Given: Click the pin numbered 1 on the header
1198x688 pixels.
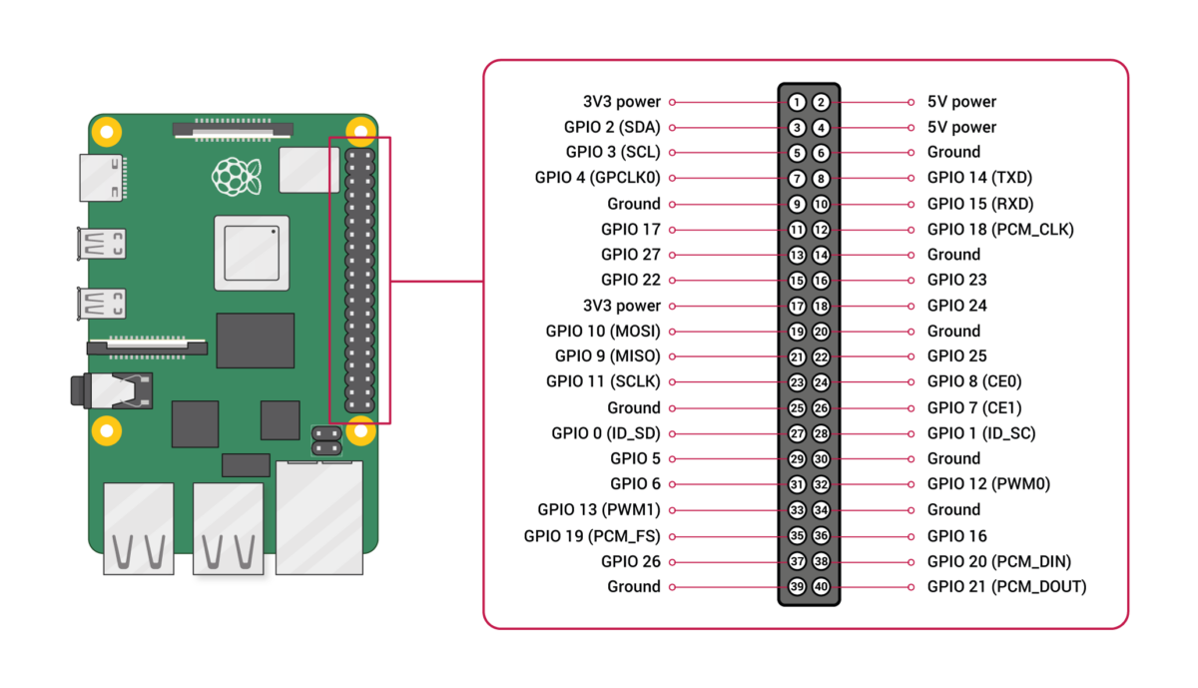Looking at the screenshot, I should [797, 102].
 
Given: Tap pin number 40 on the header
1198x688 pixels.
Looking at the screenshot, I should [821, 587].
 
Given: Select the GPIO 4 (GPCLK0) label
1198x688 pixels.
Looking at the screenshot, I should [598, 178].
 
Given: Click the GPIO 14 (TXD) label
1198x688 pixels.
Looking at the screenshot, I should [979, 178].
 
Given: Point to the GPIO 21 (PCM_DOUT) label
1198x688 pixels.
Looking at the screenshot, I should [1006, 587].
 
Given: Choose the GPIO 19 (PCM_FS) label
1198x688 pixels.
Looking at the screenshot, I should [592, 536].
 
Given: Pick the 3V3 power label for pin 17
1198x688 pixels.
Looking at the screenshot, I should [622, 306].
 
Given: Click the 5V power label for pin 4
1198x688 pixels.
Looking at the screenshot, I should [961, 127].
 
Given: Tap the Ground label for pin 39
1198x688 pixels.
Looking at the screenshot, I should [634, 587].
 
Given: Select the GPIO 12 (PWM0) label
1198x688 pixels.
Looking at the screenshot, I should [988, 484].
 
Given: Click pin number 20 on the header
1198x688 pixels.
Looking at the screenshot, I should [821, 332].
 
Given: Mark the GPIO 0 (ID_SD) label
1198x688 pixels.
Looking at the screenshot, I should [606, 433].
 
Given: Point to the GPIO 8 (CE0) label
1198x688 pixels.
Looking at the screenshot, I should [974, 381].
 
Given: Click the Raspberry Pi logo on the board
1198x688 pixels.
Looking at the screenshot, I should [237, 176].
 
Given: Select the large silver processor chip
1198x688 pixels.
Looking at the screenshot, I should [252, 253].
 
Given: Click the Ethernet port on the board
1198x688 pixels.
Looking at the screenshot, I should [319, 516].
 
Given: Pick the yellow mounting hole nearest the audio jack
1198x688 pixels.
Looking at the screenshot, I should [106, 431].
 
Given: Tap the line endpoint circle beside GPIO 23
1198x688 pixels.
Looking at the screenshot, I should [910, 281].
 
